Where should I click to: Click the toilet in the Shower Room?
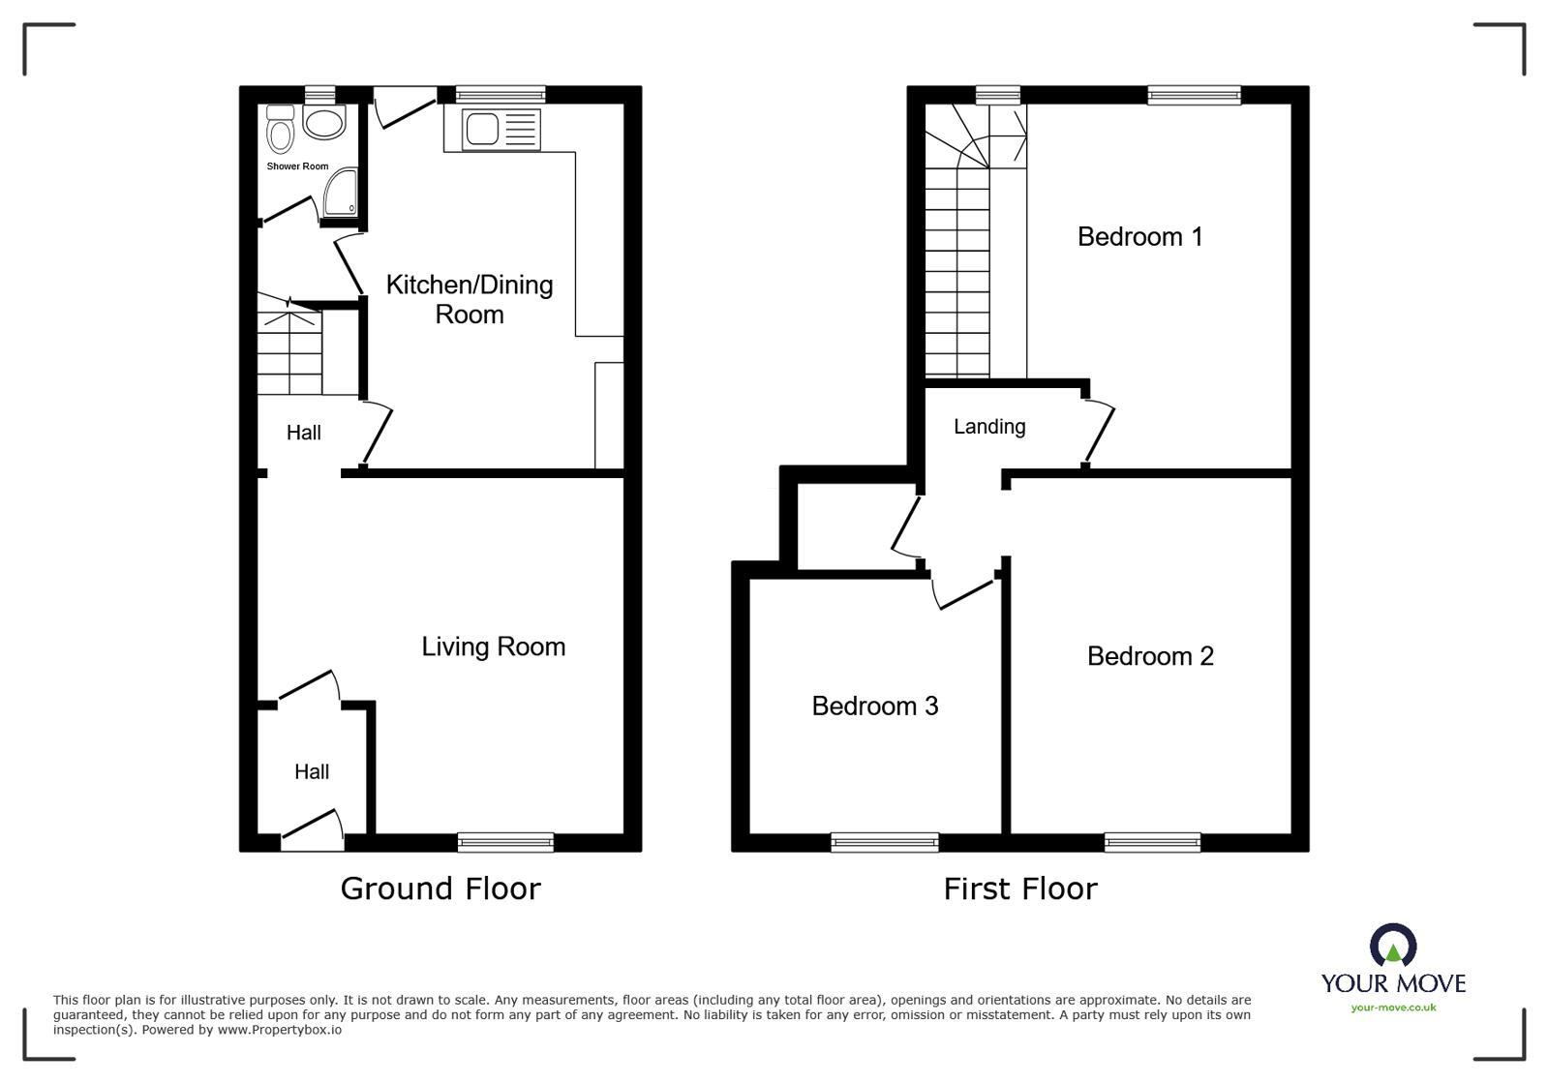coord(280,130)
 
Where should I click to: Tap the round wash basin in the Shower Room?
coord(323,122)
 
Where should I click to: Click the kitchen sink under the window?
coord(500,130)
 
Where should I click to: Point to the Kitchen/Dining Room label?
coord(470,299)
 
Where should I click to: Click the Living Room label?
coord(493,647)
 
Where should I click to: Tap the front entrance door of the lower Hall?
coord(313,828)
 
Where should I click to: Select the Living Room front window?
coord(505,842)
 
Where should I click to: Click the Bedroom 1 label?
coord(1139,236)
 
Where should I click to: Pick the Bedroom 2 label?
coord(1150,656)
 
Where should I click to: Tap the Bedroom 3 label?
coord(874,706)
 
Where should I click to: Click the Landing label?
coord(988,426)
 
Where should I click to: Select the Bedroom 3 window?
coord(884,842)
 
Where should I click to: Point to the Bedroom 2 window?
coord(1152,842)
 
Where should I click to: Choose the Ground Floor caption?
coord(440,888)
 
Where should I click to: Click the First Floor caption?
coord(1020,888)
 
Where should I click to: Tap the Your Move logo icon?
coord(1392,946)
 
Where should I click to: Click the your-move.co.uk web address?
coord(1393,1008)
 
